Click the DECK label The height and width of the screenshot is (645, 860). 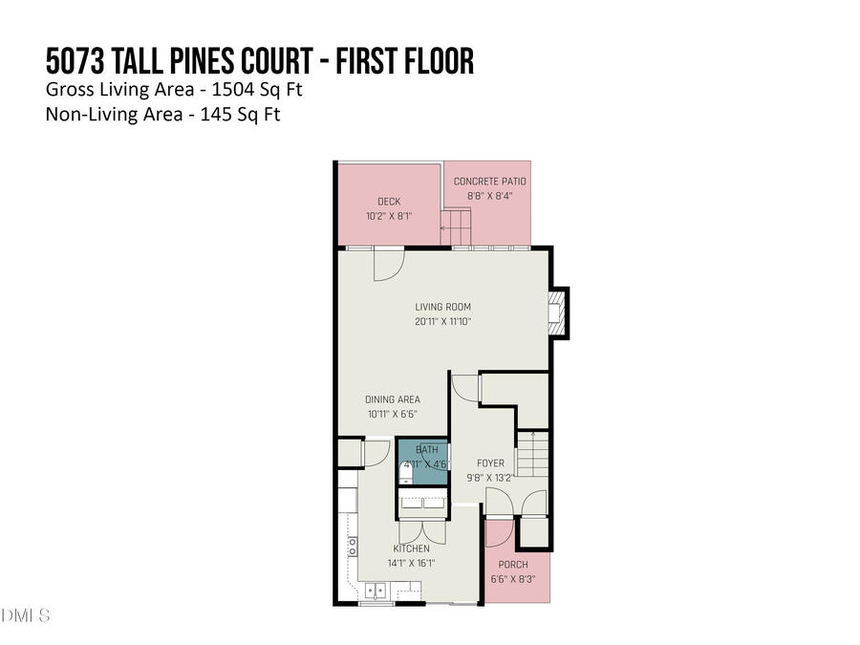[x=388, y=202]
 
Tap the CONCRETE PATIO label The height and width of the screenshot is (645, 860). [x=489, y=182]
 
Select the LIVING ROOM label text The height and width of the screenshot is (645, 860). [x=442, y=307]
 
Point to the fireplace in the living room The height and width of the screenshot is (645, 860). [x=556, y=312]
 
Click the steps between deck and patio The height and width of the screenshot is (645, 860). [x=456, y=227]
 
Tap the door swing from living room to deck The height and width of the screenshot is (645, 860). [x=389, y=265]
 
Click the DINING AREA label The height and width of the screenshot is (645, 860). [x=392, y=399]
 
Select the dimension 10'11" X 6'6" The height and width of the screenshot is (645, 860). [x=392, y=414]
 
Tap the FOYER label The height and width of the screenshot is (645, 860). [x=490, y=463]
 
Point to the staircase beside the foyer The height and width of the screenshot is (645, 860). [x=533, y=456]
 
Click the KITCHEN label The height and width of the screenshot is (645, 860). [x=411, y=548]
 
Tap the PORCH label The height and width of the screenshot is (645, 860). [x=513, y=564]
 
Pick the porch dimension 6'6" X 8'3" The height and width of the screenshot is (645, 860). [x=513, y=578]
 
